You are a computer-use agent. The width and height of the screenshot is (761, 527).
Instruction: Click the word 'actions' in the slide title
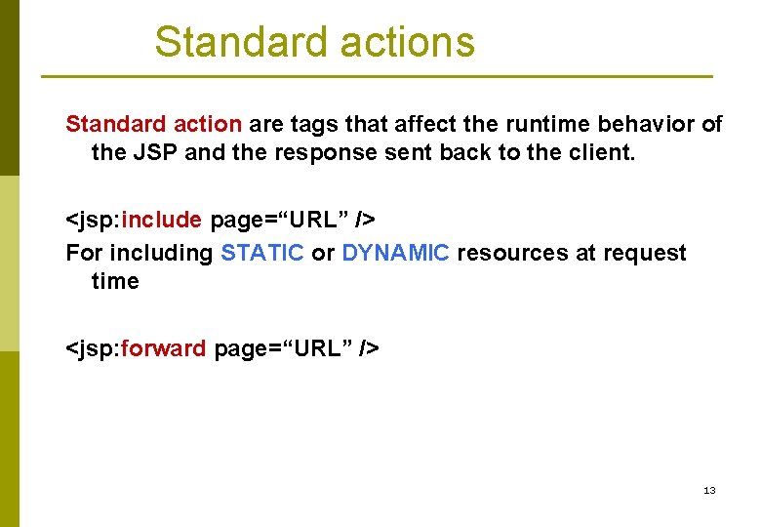click(x=408, y=42)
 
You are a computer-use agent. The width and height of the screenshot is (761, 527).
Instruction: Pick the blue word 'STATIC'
click(x=262, y=253)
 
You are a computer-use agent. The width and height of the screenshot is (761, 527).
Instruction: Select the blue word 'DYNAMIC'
click(x=396, y=253)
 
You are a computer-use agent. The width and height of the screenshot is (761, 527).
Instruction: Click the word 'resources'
click(x=512, y=253)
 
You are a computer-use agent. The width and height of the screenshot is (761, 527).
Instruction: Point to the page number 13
click(x=709, y=490)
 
